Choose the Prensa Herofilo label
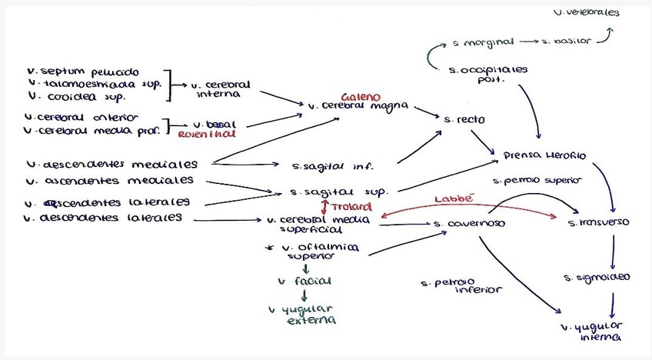click(x=544, y=155)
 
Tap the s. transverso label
click(x=598, y=222)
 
